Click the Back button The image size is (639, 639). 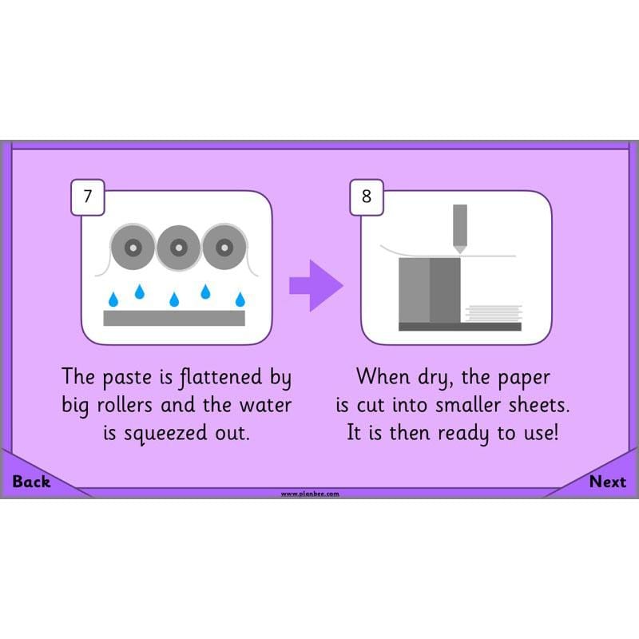31,482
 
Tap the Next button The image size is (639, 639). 608,482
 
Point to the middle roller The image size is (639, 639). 178,248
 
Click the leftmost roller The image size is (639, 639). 132,248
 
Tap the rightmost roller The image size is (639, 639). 224,248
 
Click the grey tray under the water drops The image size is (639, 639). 174,318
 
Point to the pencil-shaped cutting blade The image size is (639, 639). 460,228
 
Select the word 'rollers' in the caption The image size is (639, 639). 125,405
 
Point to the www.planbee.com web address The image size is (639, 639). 310,494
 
